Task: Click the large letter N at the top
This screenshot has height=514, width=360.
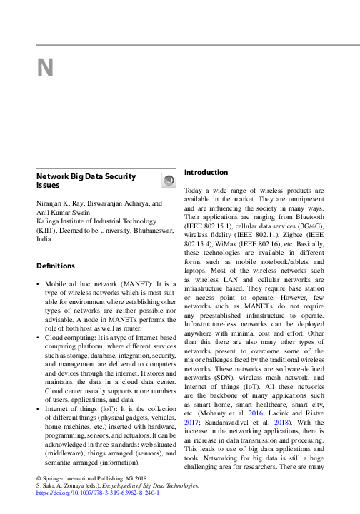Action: [45, 67]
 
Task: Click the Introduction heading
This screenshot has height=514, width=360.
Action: [206, 173]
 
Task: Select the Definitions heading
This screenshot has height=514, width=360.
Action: [56, 266]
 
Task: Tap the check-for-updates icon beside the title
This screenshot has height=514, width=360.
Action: [169, 181]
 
